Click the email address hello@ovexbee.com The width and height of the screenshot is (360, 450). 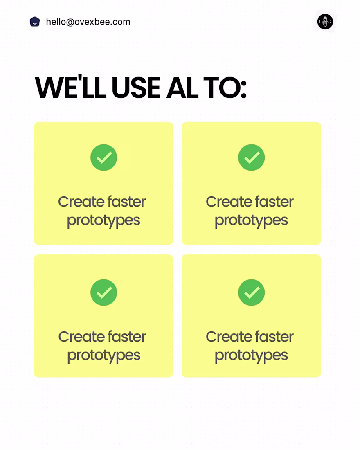(88, 22)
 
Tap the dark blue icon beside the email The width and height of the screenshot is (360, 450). (35, 22)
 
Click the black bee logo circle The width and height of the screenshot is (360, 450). (325, 22)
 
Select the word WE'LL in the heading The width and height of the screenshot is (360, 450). (71, 87)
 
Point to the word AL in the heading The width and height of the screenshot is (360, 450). (182, 88)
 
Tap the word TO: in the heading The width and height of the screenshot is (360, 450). (225, 88)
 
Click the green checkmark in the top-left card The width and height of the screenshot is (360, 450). (103, 157)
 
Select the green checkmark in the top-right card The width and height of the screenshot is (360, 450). (252, 157)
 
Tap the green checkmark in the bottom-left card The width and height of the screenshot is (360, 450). (103, 292)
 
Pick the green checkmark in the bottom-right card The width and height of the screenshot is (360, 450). (252, 292)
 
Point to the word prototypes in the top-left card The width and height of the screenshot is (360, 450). (103, 221)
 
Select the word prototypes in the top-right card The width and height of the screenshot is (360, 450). (251, 221)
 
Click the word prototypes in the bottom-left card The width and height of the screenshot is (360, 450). (103, 356)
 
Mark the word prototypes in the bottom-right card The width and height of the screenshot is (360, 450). (251, 356)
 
